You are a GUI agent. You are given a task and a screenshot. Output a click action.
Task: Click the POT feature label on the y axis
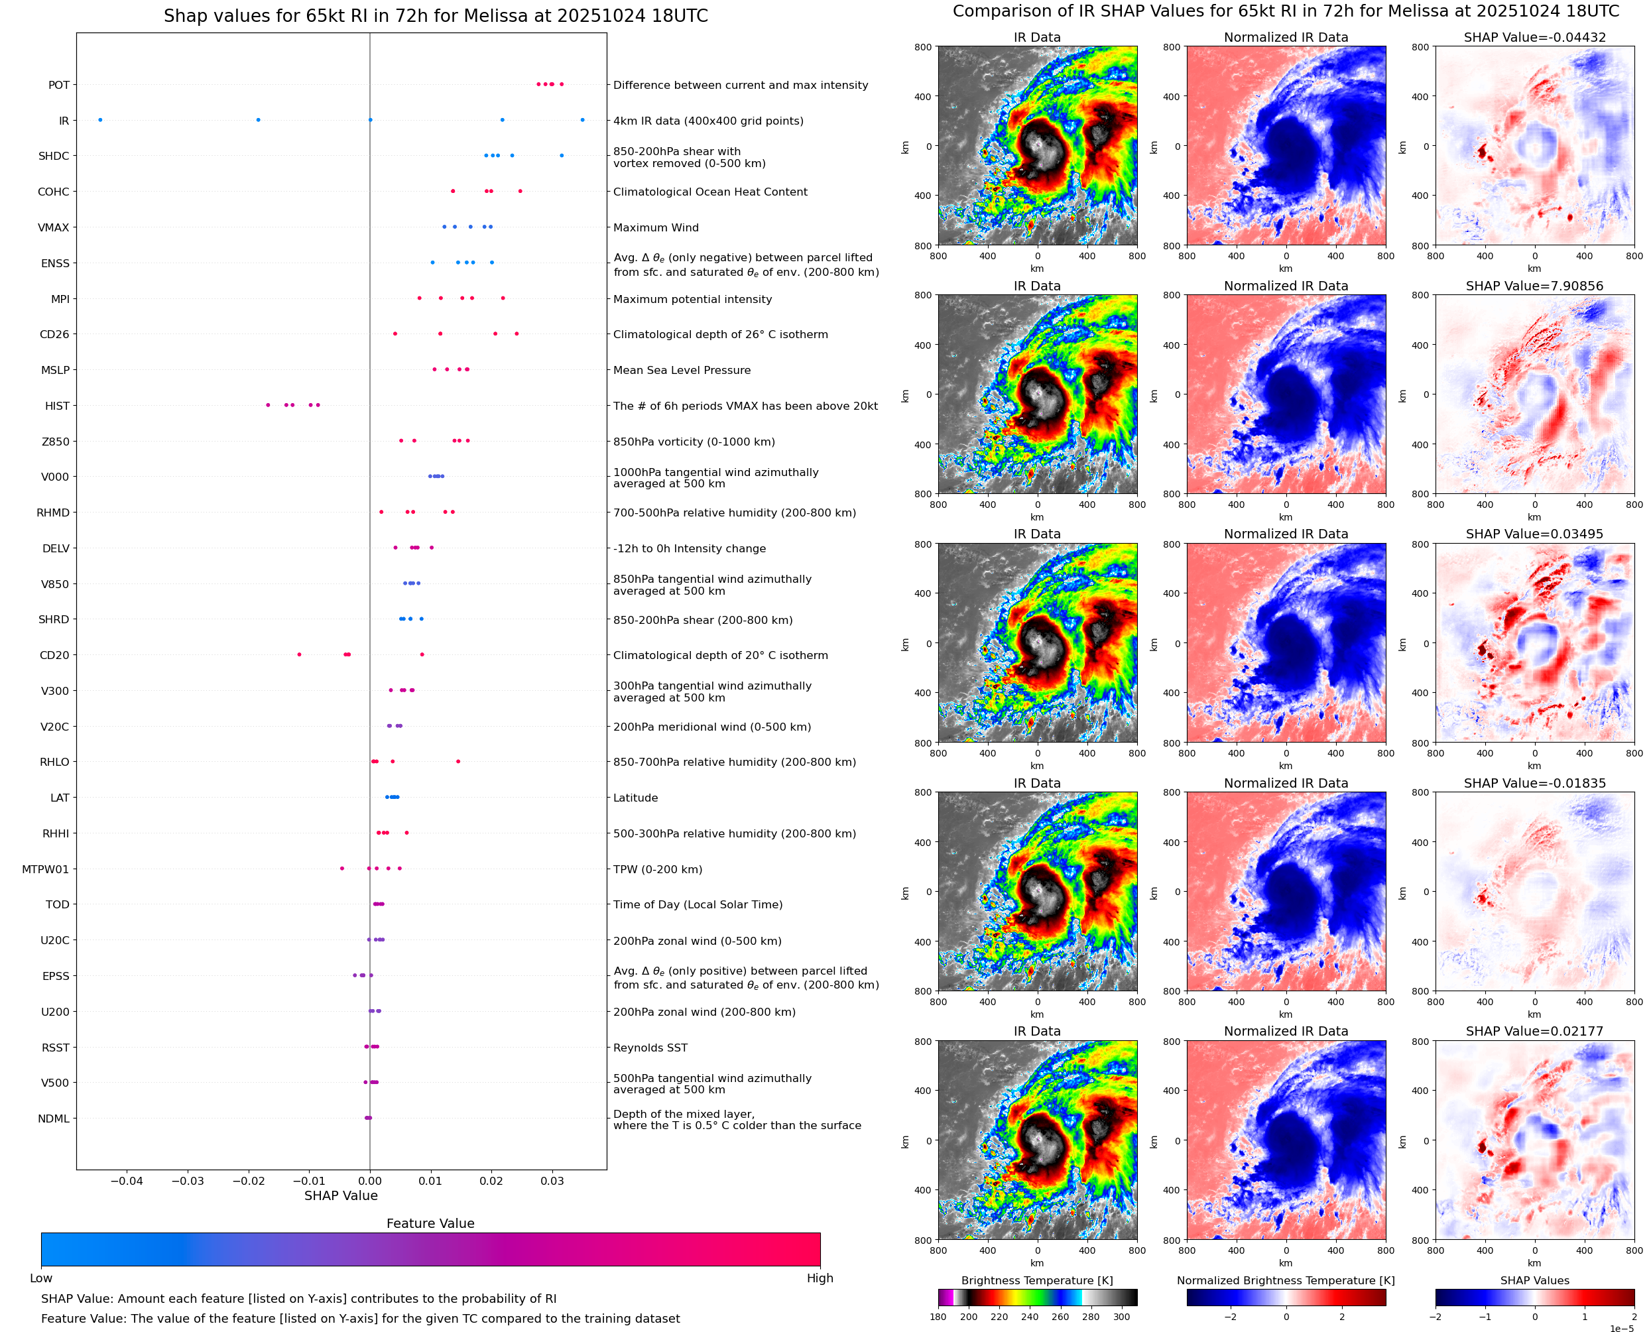pyautogui.click(x=58, y=85)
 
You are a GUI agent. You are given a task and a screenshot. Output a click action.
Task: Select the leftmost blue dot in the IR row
pyautogui.click(x=101, y=120)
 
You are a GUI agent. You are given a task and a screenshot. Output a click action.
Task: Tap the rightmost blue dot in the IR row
pyautogui.click(x=582, y=120)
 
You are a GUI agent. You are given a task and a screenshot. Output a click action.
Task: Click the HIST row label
pyautogui.click(x=57, y=406)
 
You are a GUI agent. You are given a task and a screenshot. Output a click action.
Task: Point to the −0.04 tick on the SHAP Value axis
pyautogui.click(x=127, y=1181)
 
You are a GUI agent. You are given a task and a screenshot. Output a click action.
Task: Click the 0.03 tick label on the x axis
pyautogui.click(x=552, y=1181)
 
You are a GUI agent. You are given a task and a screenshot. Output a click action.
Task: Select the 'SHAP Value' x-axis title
pyautogui.click(x=341, y=1195)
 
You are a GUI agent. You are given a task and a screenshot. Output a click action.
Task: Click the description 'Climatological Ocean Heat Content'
pyautogui.click(x=709, y=192)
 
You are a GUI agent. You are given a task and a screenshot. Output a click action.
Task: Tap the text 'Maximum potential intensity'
pyautogui.click(x=692, y=299)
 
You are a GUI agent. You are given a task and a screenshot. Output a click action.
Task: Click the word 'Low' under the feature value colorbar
pyautogui.click(x=40, y=1278)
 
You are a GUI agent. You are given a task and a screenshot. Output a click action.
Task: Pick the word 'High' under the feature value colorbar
pyautogui.click(x=820, y=1278)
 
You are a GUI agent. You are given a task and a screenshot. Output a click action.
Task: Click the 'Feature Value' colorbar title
pyautogui.click(x=430, y=1224)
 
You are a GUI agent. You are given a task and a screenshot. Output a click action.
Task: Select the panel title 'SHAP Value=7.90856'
pyautogui.click(x=1534, y=286)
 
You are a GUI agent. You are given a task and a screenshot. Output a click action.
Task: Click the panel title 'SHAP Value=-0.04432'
pyautogui.click(x=1534, y=38)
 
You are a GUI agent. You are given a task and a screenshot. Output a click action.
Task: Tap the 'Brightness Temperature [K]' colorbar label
pyautogui.click(x=1036, y=1280)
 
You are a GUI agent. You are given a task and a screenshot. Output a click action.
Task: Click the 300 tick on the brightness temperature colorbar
pyautogui.click(x=1122, y=1317)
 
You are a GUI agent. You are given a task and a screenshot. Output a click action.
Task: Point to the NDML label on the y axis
pyautogui.click(x=54, y=1119)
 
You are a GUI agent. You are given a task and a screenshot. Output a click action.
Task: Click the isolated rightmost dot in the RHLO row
pyautogui.click(x=458, y=762)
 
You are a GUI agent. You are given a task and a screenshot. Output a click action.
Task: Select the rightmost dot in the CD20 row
pyautogui.click(x=422, y=654)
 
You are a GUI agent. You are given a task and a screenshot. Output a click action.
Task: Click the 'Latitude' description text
pyautogui.click(x=635, y=798)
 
